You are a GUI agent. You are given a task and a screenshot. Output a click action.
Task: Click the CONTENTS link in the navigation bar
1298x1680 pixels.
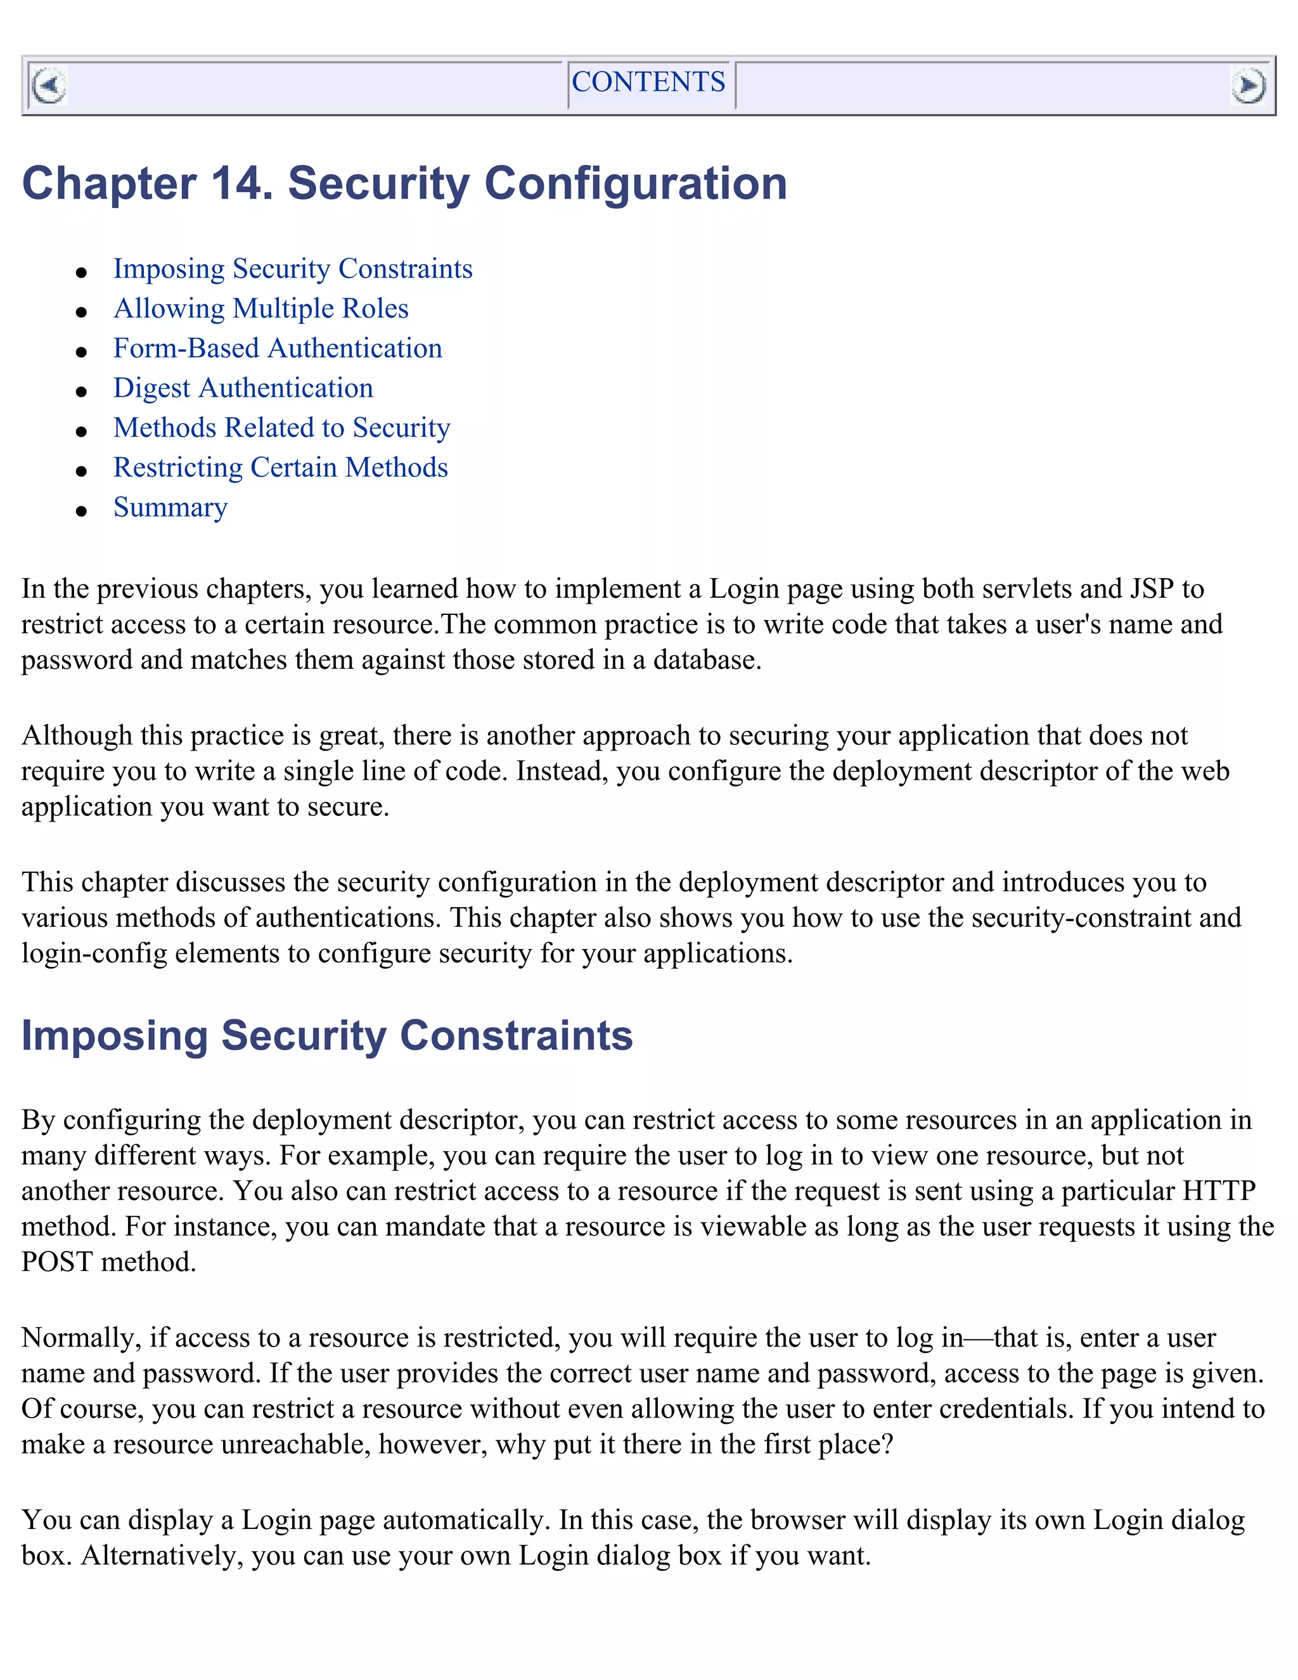[x=648, y=82]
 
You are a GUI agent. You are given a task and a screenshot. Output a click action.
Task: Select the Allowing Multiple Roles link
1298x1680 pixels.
[x=260, y=309]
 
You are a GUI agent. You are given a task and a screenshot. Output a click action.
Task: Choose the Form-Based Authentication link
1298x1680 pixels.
[x=278, y=349]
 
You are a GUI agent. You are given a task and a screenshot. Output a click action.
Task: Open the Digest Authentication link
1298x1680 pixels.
[x=243, y=389]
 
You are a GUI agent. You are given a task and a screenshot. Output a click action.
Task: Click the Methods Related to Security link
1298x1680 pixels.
[x=281, y=428]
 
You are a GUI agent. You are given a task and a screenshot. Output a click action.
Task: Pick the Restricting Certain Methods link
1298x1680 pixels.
[x=281, y=468]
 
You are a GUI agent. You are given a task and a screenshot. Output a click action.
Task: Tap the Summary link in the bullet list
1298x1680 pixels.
[x=170, y=508]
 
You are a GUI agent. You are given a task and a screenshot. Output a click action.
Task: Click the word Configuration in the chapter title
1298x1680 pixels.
[x=635, y=184]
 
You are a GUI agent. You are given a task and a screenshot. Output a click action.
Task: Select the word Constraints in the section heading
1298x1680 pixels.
[x=516, y=1035]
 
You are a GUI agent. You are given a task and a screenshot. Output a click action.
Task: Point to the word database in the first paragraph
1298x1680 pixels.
[x=705, y=660]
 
